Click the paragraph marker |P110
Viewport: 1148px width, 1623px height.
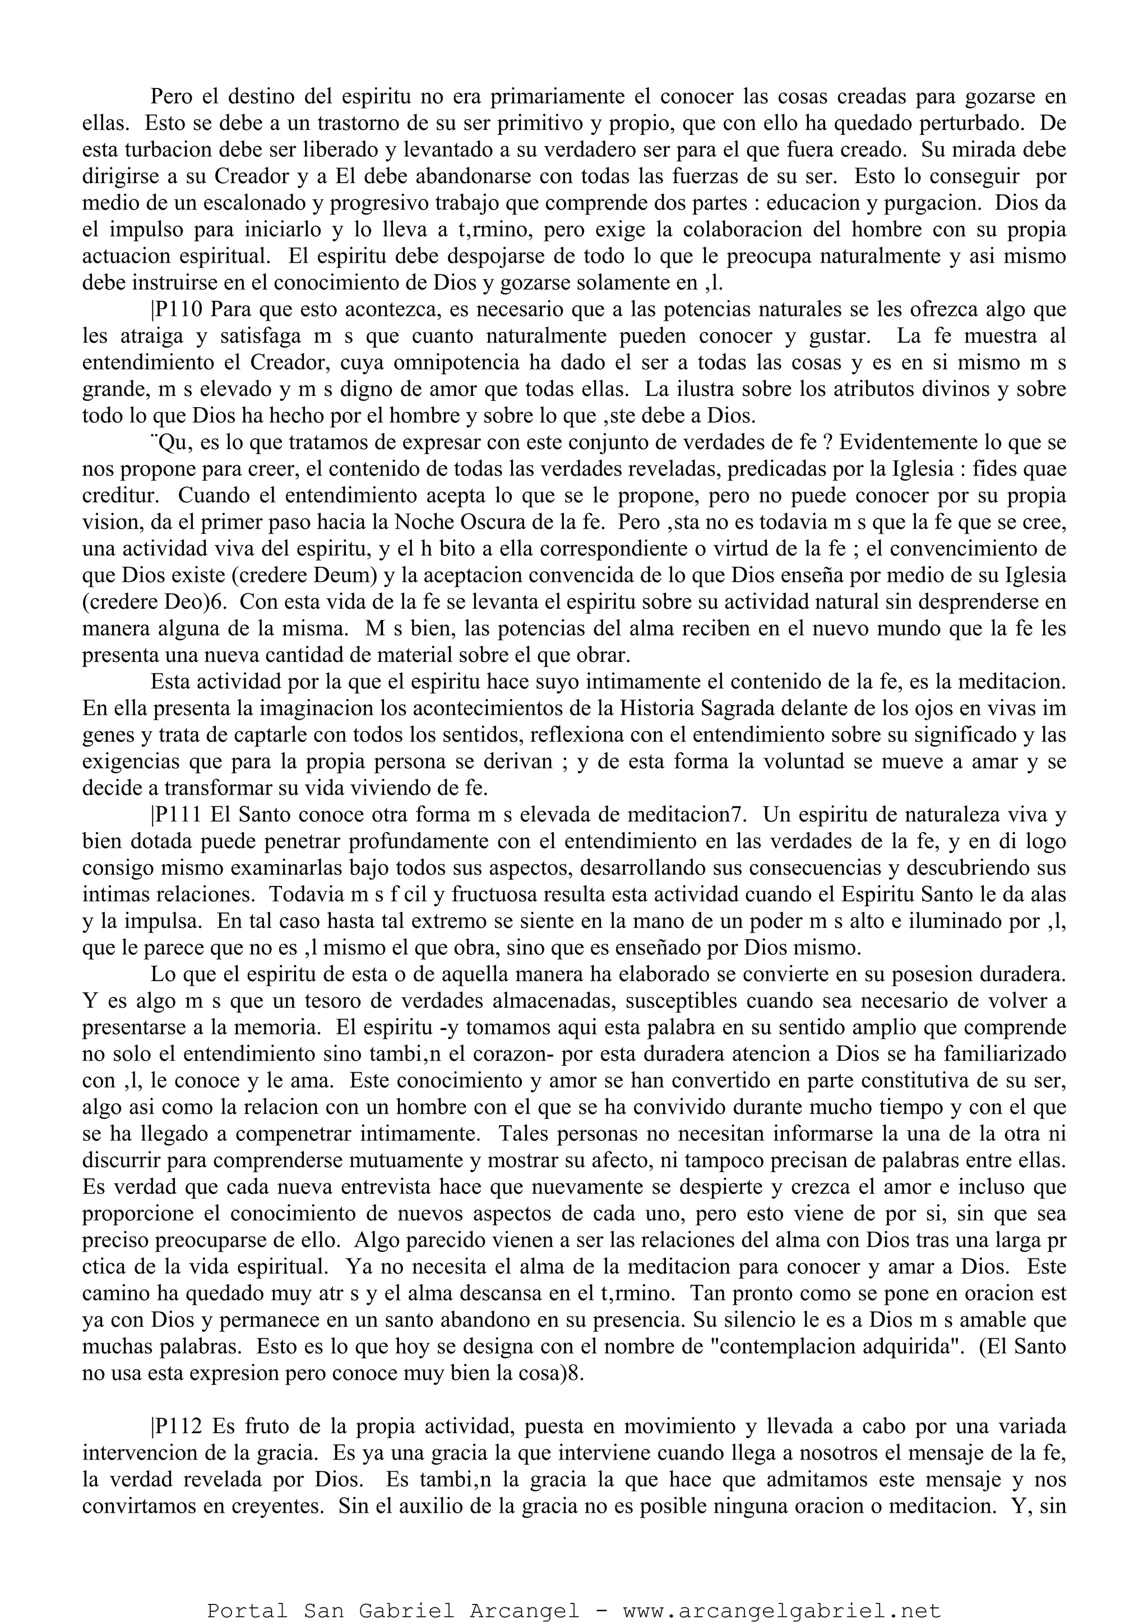point(176,309)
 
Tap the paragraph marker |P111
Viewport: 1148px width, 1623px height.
point(176,814)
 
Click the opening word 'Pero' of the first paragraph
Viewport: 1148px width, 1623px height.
point(170,96)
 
